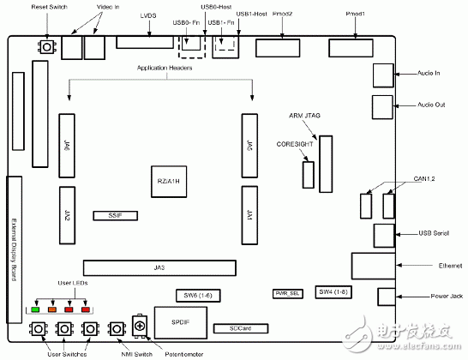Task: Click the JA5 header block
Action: point(249,143)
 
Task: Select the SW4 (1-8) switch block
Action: point(333,291)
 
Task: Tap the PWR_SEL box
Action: point(286,292)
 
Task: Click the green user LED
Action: point(36,309)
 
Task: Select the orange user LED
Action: point(53,309)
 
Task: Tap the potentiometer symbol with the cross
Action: point(137,328)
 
